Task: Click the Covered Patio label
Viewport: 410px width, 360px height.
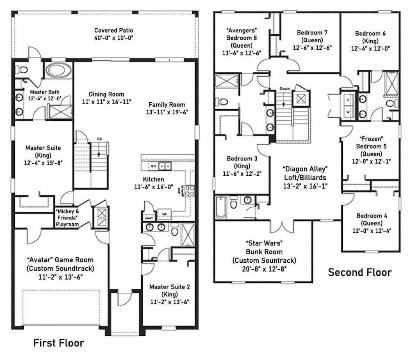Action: [x=114, y=30]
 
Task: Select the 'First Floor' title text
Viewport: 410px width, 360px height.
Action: [x=59, y=343]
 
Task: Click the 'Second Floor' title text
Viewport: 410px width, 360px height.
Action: [x=360, y=272]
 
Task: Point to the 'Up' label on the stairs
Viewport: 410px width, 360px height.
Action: [x=99, y=139]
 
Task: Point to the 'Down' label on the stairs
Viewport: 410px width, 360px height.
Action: [x=285, y=89]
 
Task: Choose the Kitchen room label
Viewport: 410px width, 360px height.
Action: [x=153, y=179]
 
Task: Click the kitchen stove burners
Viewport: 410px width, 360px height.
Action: [x=189, y=190]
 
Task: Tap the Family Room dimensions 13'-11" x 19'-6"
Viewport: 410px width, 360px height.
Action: [x=167, y=112]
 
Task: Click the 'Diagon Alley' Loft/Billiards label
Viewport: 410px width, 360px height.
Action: [x=305, y=169]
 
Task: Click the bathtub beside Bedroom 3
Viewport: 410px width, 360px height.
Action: [x=220, y=207]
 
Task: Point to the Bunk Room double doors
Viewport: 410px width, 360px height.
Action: [x=282, y=226]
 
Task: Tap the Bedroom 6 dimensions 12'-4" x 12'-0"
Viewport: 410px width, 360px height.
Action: [x=370, y=48]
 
